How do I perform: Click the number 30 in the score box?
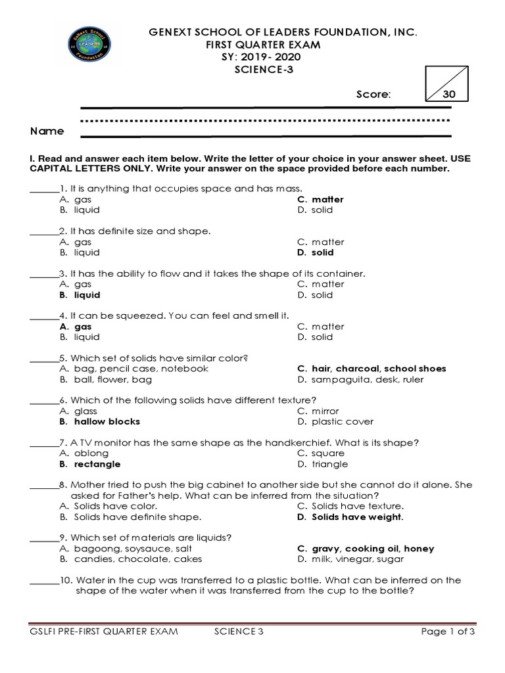(449, 95)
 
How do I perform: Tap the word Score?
(373, 95)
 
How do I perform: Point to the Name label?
(47, 131)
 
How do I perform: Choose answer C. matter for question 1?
(320, 199)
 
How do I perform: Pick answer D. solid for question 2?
(315, 252)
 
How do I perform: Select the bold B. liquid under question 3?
(80, 295)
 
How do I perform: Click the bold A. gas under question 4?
(75, 327)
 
